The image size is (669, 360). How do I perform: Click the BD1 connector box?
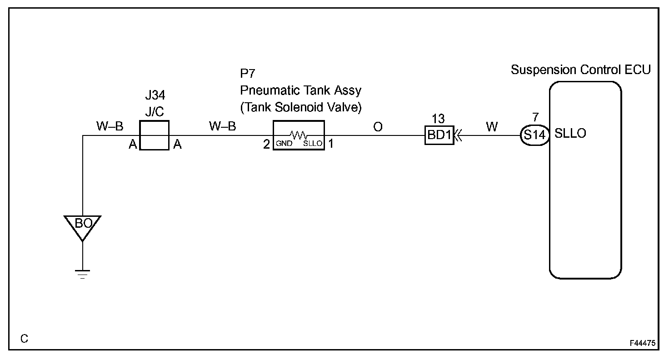tap(439, 135)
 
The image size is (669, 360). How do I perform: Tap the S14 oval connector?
tap(534, 135)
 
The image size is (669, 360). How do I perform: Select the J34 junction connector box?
tap(154, 135)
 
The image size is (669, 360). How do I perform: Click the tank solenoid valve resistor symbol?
tap(299, 135)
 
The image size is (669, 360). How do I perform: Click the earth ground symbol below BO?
tap(82, 274)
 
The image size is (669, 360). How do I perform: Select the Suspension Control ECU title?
tap(581, 70)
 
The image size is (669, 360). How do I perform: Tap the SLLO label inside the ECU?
tap(570, 134)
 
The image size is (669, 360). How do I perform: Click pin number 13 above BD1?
tap(438, 119)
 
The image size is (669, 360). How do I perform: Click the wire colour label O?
tap(378, 127)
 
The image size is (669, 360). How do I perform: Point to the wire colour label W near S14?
tap(492, 127)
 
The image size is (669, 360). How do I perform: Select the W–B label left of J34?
tap(110, 126)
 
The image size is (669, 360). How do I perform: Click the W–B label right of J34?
tap(222, 126)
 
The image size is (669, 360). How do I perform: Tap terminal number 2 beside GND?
tap(266, 145)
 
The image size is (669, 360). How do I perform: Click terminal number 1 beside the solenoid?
tap(331, 144)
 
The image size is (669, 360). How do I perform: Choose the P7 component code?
tap(248, 74)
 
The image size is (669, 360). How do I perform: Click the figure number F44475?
tap(643, 344)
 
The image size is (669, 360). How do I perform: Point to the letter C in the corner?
tap(24, 339)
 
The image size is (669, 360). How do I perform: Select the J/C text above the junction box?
tap(154, 111)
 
